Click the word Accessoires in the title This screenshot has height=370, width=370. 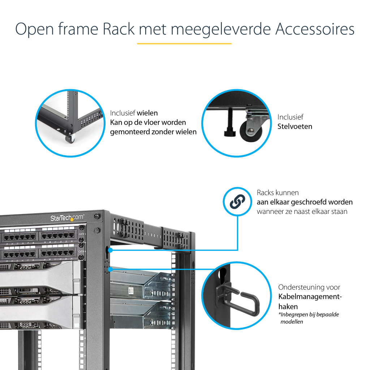pos(315,29)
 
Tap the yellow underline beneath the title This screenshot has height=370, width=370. pos(184,44)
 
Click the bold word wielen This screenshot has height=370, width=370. pos(147,113)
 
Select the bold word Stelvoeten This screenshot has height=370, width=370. pos(295,126)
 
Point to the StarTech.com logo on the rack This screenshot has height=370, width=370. pos(67,218)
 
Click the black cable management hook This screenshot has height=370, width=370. pos(245,299)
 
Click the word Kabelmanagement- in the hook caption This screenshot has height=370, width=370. pos(310,297)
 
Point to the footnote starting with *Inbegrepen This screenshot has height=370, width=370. pos(309,318)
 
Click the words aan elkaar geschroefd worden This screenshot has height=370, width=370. pos(305,202)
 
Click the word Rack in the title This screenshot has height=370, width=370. pos(119,29)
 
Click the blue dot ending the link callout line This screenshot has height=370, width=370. pos(110,250)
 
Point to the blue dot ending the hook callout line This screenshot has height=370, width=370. pos(110,269)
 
